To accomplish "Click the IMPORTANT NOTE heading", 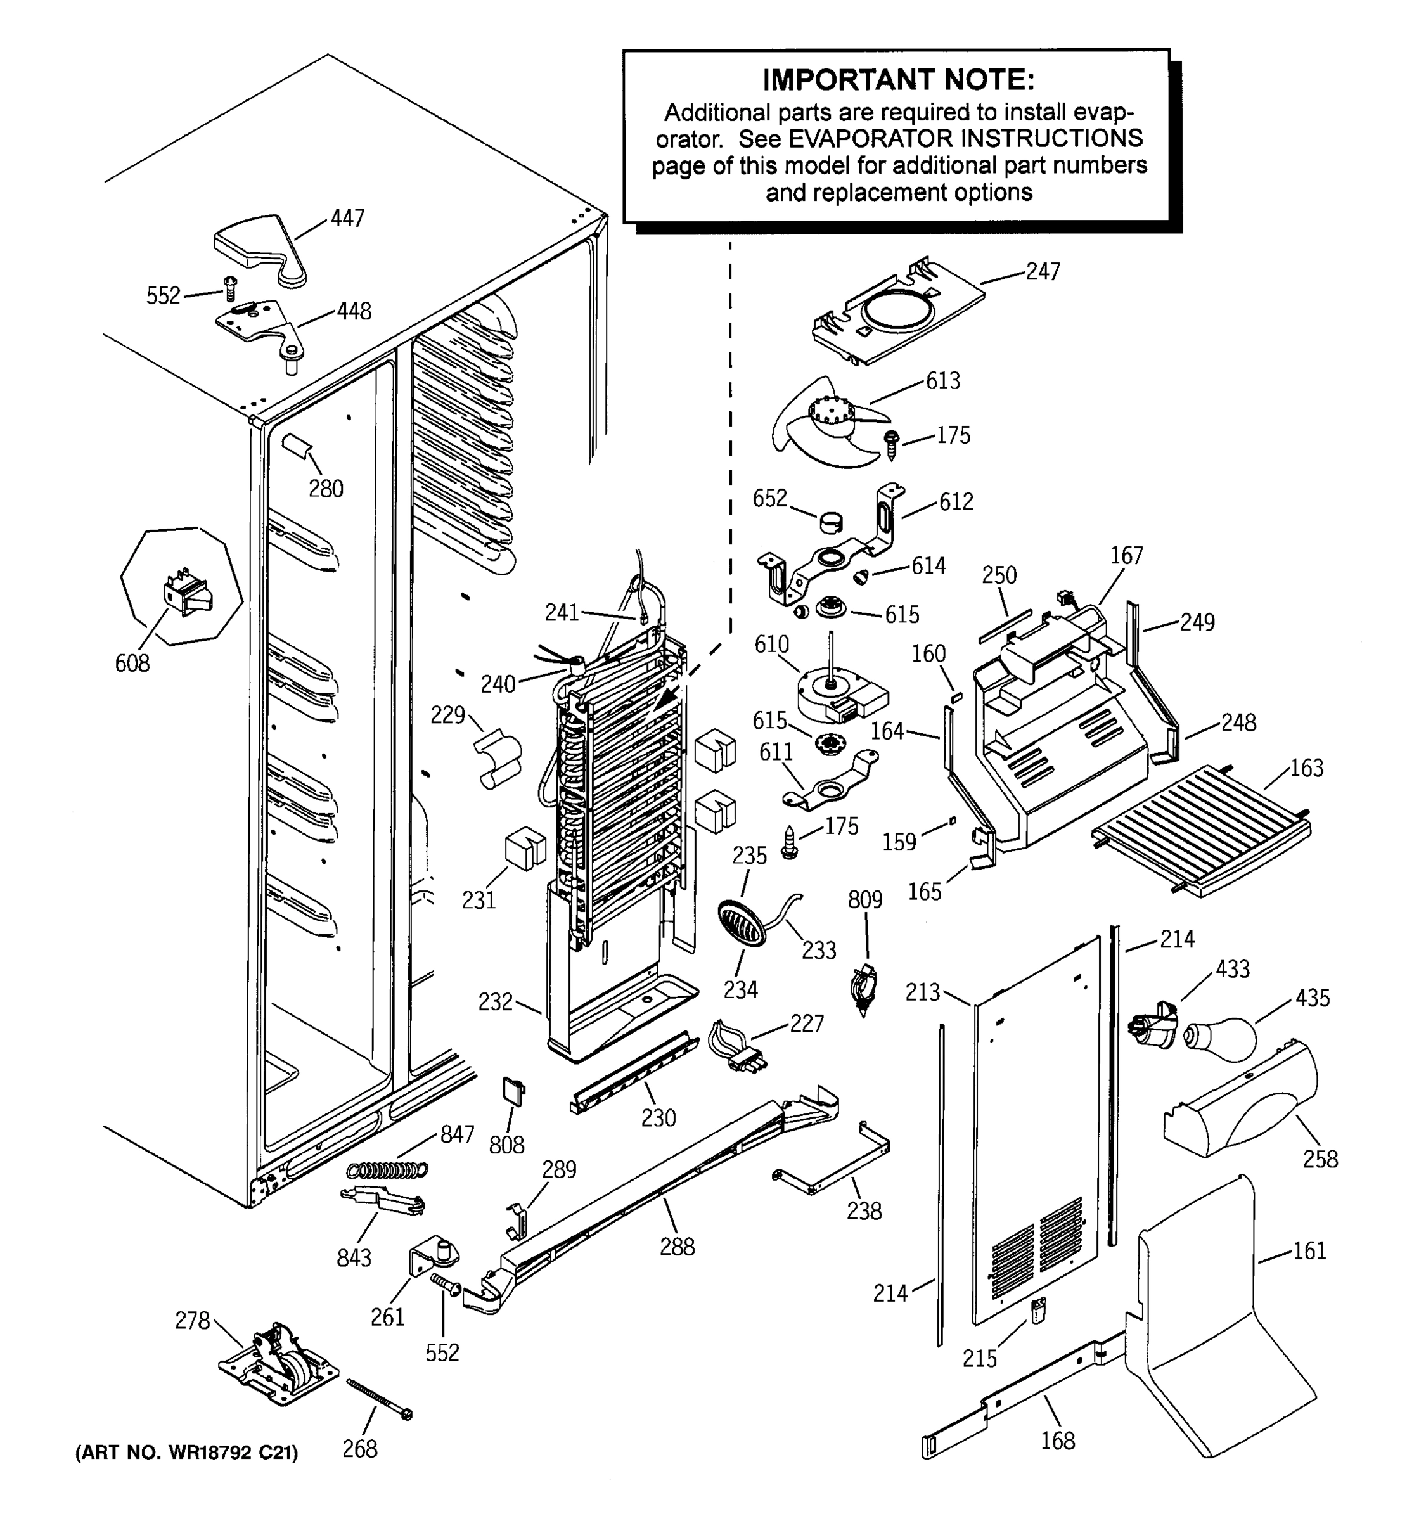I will tap(898, 80).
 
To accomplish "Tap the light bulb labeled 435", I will tap(1222, 1037).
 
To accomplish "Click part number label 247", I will tap(1043, 272).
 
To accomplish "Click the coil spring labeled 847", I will tap(387, 1169).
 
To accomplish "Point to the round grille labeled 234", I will tap(740, 923).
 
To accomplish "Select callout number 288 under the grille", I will tap(677, 1247).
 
